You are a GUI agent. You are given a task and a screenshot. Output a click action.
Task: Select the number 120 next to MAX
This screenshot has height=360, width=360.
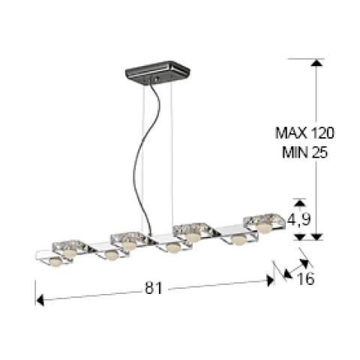point(322,133)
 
